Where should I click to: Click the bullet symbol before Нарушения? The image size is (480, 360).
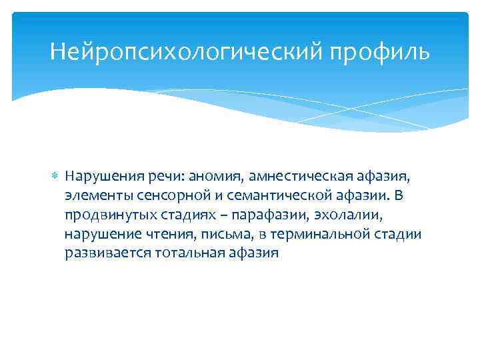(x=56, y=176)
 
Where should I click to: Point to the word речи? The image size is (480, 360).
(x=164, y=177)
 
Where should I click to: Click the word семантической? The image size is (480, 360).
(x=267, y=196)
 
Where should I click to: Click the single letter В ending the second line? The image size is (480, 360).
(x=399, y=196)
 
